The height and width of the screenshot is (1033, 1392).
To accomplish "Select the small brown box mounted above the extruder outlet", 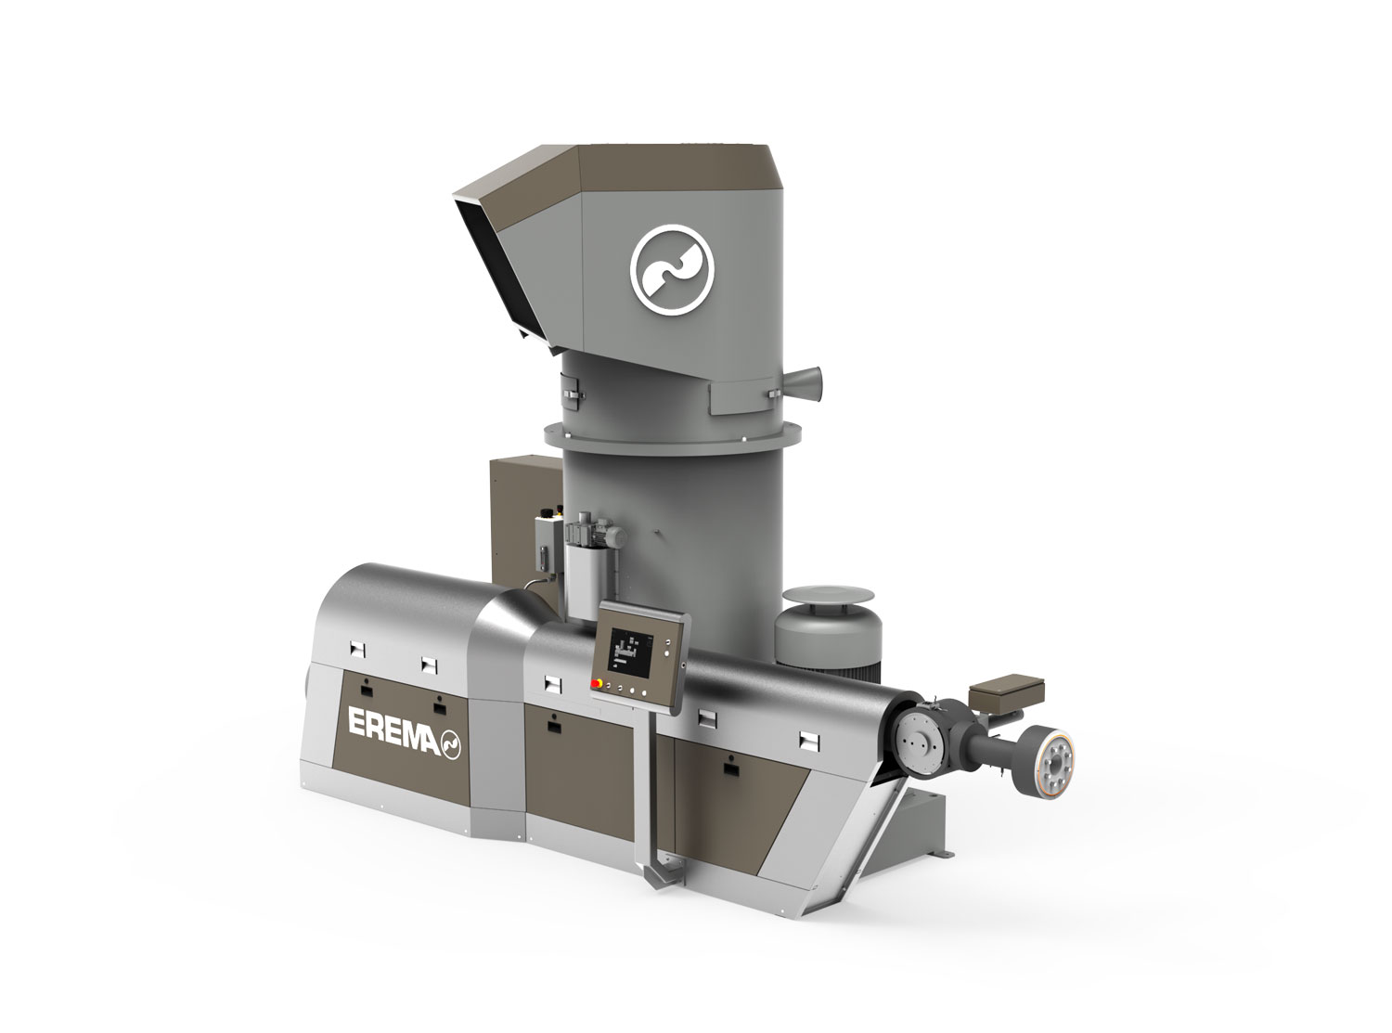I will point(994,692).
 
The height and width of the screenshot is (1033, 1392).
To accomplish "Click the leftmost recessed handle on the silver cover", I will point(358,647).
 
